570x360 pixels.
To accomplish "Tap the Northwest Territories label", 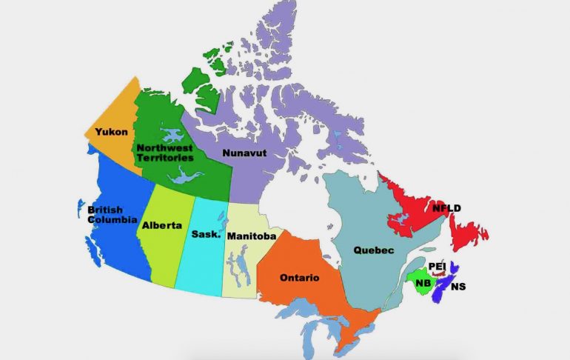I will tap(165, 153).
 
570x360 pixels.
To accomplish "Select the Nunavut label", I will tap(244, 153).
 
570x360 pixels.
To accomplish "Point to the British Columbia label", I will tap(112, 215).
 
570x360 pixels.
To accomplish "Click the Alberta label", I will tap(162, 224).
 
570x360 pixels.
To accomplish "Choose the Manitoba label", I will tap(252, 236).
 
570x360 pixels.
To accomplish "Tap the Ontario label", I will tap(299, 278).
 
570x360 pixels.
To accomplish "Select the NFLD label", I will tap(446, 208).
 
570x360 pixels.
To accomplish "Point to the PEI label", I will tap(437, 267).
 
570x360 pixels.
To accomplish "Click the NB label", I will tap(423, 283).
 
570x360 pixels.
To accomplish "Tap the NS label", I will tap(458, 286).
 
